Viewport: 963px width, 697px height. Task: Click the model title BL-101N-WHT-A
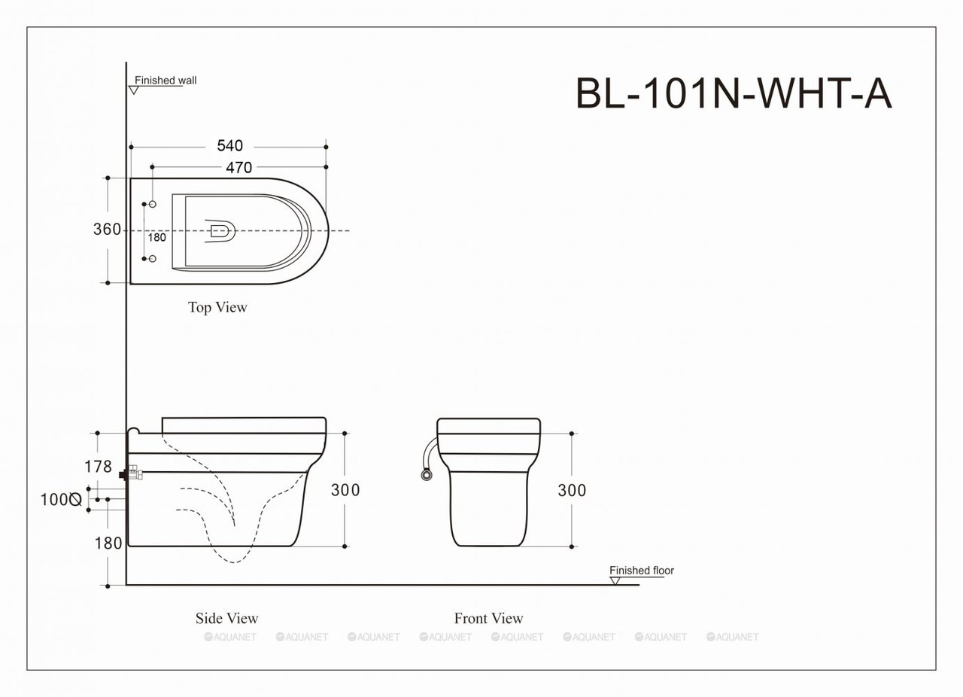tap(734, 93)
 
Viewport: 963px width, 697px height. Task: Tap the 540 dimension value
tap(230, 146)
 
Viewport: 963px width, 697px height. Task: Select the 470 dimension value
tap(239, 167)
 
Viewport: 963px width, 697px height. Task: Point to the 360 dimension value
tap(107, 229)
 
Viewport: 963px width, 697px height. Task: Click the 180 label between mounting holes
tap(157, 238)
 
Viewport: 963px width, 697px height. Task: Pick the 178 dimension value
tap(98, 467)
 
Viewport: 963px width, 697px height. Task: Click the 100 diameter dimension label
tap(61, 500)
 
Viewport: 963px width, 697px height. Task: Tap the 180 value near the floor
tap(108, 543)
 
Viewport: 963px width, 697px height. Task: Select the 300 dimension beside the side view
tap(345, 489)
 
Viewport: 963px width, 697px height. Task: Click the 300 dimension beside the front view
tap(572, 490)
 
